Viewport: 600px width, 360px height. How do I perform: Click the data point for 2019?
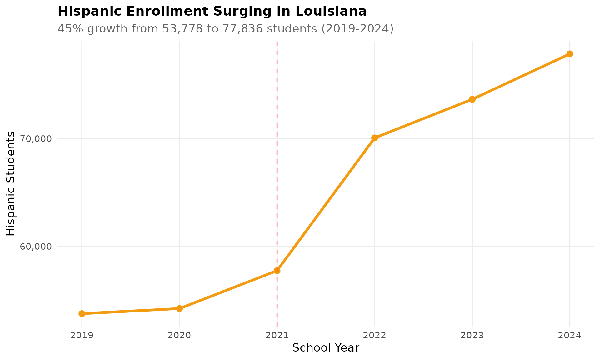(x=82, y=313)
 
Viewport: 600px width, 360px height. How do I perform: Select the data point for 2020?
(x=179, y=308)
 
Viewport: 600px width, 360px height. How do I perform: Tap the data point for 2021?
(x=277, y=271)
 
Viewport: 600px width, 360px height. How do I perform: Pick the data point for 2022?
(x=375, y=138)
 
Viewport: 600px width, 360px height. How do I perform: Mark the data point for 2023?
(x=472, y=99)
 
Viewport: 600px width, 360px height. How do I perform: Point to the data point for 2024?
(x=570, y=54)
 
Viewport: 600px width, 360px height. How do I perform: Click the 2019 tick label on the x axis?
(x=82, y=336)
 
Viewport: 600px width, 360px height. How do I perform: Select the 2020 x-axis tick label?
(x=179, y=336)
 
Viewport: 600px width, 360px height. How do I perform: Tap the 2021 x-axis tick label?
(x=277, y=336)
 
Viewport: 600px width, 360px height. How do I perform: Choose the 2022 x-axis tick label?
(x=375, y=336)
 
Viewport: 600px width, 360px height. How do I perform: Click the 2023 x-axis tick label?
(x=472, y=336)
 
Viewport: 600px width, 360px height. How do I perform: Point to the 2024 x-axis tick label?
(x=570, y=336)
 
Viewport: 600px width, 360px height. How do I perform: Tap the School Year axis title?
(x=326, y=348)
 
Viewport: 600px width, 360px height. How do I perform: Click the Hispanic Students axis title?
(x=11, y=184)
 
